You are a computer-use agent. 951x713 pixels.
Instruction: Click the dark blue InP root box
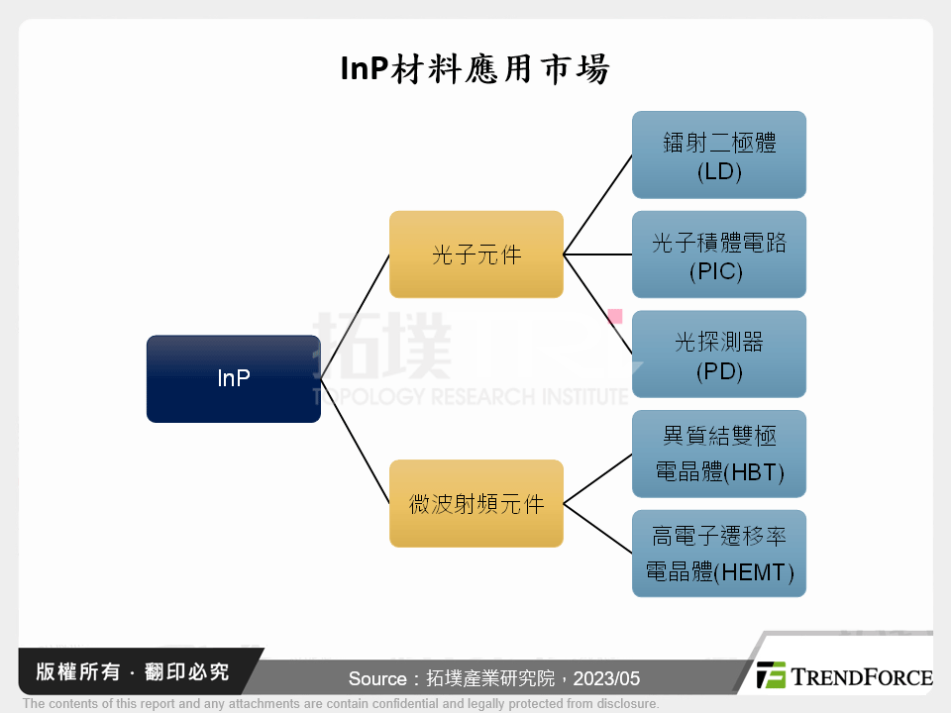233,378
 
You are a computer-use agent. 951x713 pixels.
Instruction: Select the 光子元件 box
475,255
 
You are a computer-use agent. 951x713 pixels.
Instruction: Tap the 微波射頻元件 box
475,503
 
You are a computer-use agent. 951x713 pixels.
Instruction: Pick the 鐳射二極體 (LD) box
718,155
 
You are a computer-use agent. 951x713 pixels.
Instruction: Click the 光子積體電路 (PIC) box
718,255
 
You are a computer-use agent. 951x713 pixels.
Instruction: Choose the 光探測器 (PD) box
718,355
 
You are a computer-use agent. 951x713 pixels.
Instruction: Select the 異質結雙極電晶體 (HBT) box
718,455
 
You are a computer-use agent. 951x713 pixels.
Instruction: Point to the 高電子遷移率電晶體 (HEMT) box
718,554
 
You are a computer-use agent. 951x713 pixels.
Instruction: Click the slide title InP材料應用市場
475,69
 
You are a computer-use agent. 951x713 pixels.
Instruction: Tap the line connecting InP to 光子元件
355,317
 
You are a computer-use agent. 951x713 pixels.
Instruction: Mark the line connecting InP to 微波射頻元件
355,441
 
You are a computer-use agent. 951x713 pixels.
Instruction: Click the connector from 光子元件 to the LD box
597,205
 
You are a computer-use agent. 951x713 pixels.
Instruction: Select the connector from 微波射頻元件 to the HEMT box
597,528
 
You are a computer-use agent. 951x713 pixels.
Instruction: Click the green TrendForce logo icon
771,675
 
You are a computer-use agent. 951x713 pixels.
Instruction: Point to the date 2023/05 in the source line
606,679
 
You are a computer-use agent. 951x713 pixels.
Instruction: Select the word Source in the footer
376,679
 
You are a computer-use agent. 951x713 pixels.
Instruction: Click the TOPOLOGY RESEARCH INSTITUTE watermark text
470,396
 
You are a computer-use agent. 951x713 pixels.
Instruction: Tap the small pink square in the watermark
614,316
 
